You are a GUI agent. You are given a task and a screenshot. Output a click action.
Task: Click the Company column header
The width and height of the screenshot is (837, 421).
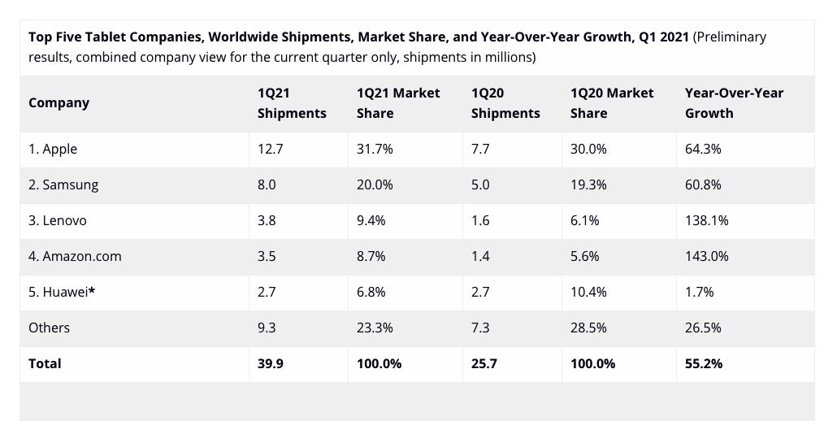[x=59, y=103]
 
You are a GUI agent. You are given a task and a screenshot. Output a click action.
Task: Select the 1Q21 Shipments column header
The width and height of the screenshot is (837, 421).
[x=292, y=103]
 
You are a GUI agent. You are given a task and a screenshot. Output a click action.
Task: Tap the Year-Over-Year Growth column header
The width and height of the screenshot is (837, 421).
[x=734, y=103]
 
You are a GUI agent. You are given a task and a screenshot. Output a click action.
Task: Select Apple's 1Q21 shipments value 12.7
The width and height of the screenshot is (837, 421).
[x=270, y=150]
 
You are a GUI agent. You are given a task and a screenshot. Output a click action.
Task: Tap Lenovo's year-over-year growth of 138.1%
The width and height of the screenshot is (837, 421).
[x=706, y=221]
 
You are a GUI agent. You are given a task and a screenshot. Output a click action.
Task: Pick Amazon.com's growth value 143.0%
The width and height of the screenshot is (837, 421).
[x=706, y=257]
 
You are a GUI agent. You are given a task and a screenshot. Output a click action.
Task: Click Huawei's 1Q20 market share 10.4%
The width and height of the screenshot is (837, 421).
[x=588, y=293]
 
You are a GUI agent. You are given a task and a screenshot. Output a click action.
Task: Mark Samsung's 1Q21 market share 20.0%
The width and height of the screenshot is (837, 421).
[x=375, y=185]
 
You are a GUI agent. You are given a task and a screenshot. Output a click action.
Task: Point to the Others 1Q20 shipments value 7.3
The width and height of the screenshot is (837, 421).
[x=480, y=328]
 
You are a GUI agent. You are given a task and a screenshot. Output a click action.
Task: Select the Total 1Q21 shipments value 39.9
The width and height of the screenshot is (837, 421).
[x=270, y=364]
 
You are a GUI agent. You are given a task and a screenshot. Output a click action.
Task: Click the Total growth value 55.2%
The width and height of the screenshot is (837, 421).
[x=704, y=364]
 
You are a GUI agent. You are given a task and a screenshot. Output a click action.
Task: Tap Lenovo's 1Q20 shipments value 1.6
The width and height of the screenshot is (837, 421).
[x=480, y=221]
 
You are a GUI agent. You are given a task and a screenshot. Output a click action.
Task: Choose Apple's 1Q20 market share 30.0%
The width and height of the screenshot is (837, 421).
[x=588, y=150]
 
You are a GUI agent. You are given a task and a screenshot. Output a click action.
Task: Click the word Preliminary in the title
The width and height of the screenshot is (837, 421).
[x=730, y=37]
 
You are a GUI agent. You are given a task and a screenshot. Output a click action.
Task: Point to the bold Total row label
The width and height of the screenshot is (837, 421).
[x=45, y=364]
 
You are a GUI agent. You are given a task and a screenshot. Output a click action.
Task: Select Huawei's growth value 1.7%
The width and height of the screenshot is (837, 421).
[x=699, y=293]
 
